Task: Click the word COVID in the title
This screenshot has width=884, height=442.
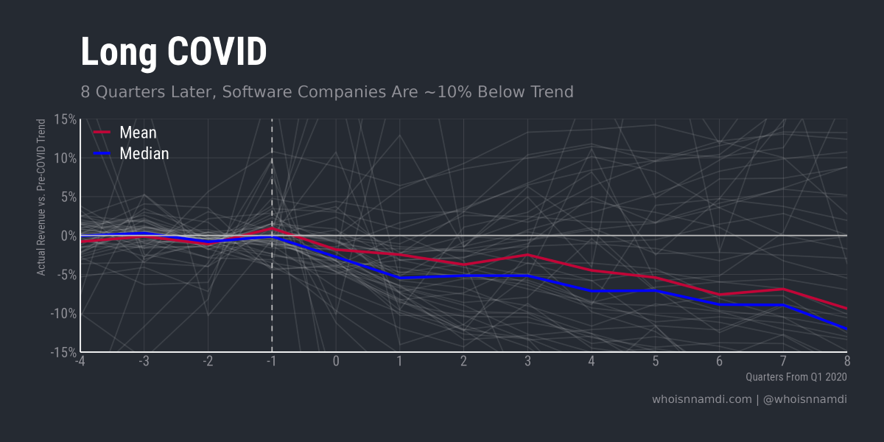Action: [x=217, y=52]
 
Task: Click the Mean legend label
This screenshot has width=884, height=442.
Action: [x=138, y=133]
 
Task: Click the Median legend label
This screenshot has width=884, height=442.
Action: [x=144, y=153]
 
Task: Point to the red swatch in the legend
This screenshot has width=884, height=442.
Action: [x=102, y=133]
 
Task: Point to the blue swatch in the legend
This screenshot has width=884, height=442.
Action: [x=102, y=153]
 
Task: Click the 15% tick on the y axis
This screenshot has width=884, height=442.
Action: [x=65, y=119]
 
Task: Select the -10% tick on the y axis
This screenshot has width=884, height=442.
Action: [x=63, y=314]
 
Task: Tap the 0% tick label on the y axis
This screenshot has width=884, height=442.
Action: [x=68, y=236]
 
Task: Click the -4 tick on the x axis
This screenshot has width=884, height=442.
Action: [x=80, y=361]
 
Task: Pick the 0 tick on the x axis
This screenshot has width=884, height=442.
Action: [x=336, y=361]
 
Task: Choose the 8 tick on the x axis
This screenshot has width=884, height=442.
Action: [x=847, y=361]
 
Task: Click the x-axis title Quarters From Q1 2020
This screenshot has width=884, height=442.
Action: [x=796, y=376]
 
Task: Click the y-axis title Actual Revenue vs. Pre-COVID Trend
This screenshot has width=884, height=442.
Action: [x=42, y=197]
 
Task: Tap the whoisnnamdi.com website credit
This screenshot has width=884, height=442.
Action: [x=701, y=399]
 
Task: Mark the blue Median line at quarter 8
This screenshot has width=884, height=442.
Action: [x=846, y=329]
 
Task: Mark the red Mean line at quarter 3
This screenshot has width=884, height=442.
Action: [x=527, y=255]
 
